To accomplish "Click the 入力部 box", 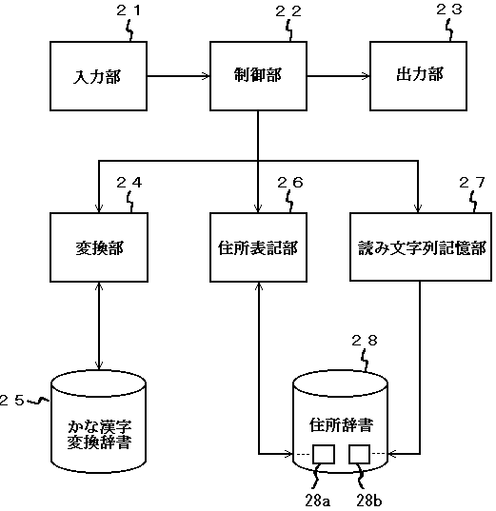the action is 98,76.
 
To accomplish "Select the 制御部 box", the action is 258,76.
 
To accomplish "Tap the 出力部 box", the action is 418,76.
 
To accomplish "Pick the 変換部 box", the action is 99,247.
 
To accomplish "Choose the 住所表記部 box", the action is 258,247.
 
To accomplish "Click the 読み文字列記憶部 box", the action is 421,246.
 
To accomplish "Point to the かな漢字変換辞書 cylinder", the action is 98,423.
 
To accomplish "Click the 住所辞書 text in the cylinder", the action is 341,425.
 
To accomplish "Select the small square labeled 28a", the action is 324,454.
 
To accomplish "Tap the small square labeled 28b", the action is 359,454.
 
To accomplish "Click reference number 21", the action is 129,10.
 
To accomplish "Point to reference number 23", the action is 449,10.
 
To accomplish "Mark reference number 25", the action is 11,401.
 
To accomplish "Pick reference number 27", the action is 472,183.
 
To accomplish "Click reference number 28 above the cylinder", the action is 365,341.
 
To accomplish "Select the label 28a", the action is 318,501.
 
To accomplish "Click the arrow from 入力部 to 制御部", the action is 178,76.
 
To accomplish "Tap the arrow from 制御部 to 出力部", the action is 339,76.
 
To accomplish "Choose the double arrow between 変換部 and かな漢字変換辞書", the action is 99,326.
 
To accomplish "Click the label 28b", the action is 369,501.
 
